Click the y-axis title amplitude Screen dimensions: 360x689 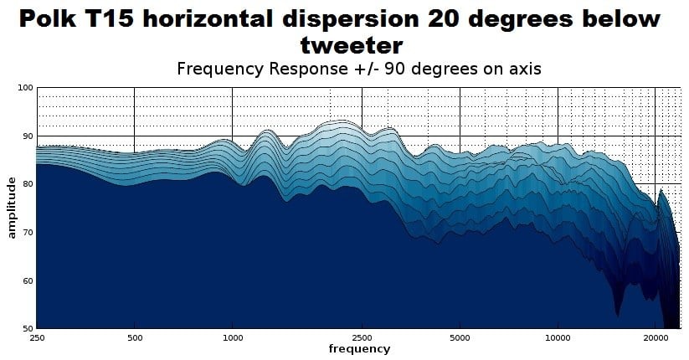coord(12,207)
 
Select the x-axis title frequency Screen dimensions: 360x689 coord(358,348)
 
